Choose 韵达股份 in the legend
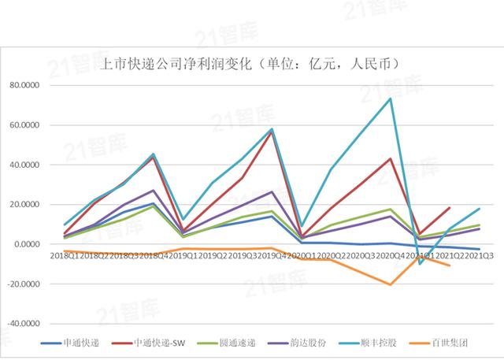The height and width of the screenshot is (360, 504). [316, 343]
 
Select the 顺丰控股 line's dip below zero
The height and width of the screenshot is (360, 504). [421, 264]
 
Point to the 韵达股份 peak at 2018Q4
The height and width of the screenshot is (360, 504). [153, 191]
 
